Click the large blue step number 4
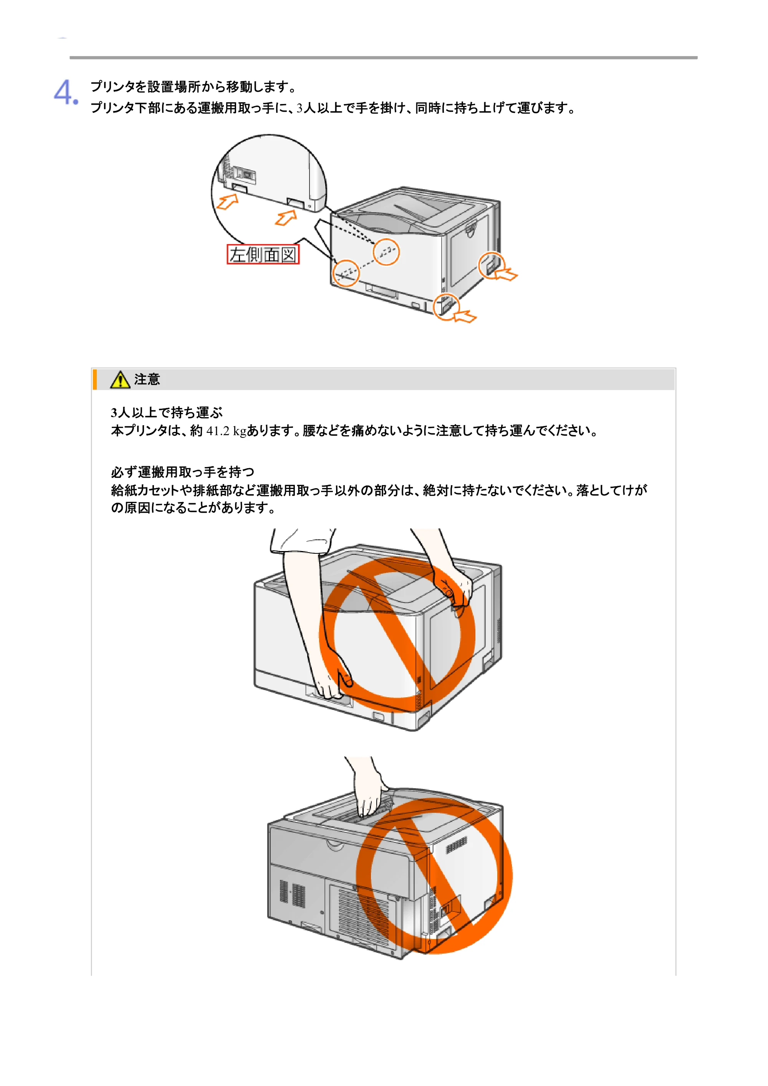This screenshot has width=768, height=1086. (x=65, y=92)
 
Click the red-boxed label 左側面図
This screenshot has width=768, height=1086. (x=263, y=254)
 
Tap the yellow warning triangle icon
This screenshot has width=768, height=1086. (x=120, y=380)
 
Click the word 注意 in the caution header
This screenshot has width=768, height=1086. (x=147, y=380)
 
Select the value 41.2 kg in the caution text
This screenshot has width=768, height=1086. (x=226, y=431)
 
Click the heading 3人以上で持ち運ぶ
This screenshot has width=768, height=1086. (x=167, y=413)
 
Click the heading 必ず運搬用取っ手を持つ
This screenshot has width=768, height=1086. (x=183, y=472)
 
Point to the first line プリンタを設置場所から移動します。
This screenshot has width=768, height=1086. (x=194, y=87)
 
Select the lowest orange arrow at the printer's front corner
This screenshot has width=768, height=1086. (x=465, y=317)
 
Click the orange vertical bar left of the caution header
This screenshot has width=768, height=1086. (x=94, y=380)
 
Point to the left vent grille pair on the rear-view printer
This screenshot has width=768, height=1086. (x=292, y=893)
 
